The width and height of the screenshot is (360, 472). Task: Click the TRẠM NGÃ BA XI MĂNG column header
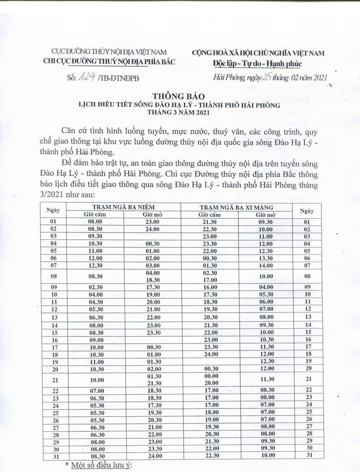[x=237, y=207]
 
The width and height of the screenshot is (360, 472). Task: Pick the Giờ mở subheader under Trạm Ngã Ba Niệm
[x=151, y=214]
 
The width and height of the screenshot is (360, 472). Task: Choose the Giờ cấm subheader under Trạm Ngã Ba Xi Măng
[x=209, y=214]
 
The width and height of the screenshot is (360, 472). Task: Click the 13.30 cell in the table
[x=266, y=258]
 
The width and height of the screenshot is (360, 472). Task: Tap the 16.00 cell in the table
[x=209, y=287]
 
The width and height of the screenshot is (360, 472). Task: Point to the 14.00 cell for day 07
[x=266, y=265]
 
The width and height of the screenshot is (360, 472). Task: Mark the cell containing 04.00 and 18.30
[x=152, y=276]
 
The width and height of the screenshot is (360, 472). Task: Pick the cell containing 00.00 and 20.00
[x=209, y=379]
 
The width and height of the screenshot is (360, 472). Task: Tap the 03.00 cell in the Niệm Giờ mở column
[x=152, y=265]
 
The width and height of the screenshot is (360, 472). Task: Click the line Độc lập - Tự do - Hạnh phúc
[x=257, y=63]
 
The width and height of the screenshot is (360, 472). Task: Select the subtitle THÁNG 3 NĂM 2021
[x=179, y=112]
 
